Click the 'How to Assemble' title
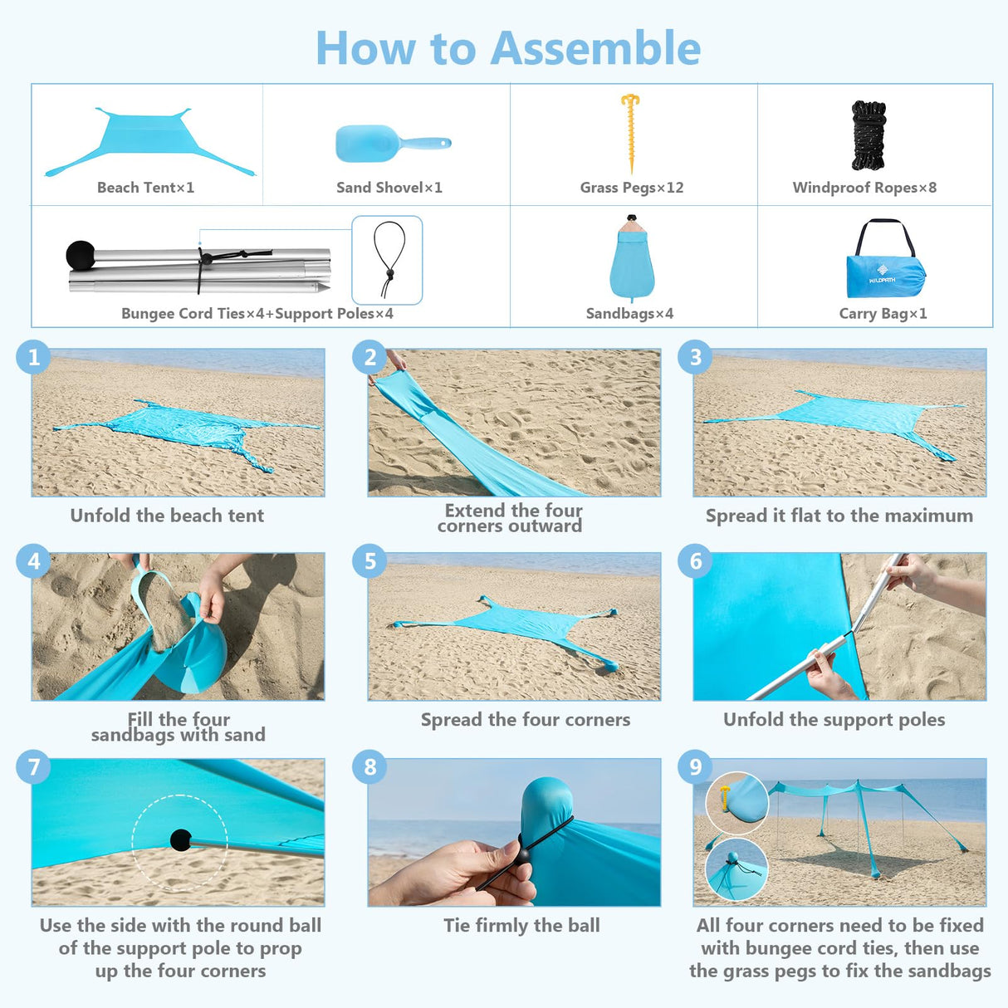tap(508, 48)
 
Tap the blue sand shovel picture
tap(390, 144)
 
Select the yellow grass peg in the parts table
tap(631, 133)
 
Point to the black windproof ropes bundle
tap(869, 135)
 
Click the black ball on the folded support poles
tap(81, 254)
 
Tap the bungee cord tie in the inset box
tap(388, 258)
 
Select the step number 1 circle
tap(33, 357)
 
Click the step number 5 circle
tap(369, 561)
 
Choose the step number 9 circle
tap(695, 766)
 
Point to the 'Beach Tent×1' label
tap(146, 188)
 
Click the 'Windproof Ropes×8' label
tap(864, 188)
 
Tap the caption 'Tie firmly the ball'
tap(521, 925)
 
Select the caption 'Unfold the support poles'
tap(834, 719)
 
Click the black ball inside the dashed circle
tap(180, 840)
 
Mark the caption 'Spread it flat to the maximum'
tap(839, 516)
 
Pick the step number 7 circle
tap(33, 766)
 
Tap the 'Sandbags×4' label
tap(629, 314)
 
